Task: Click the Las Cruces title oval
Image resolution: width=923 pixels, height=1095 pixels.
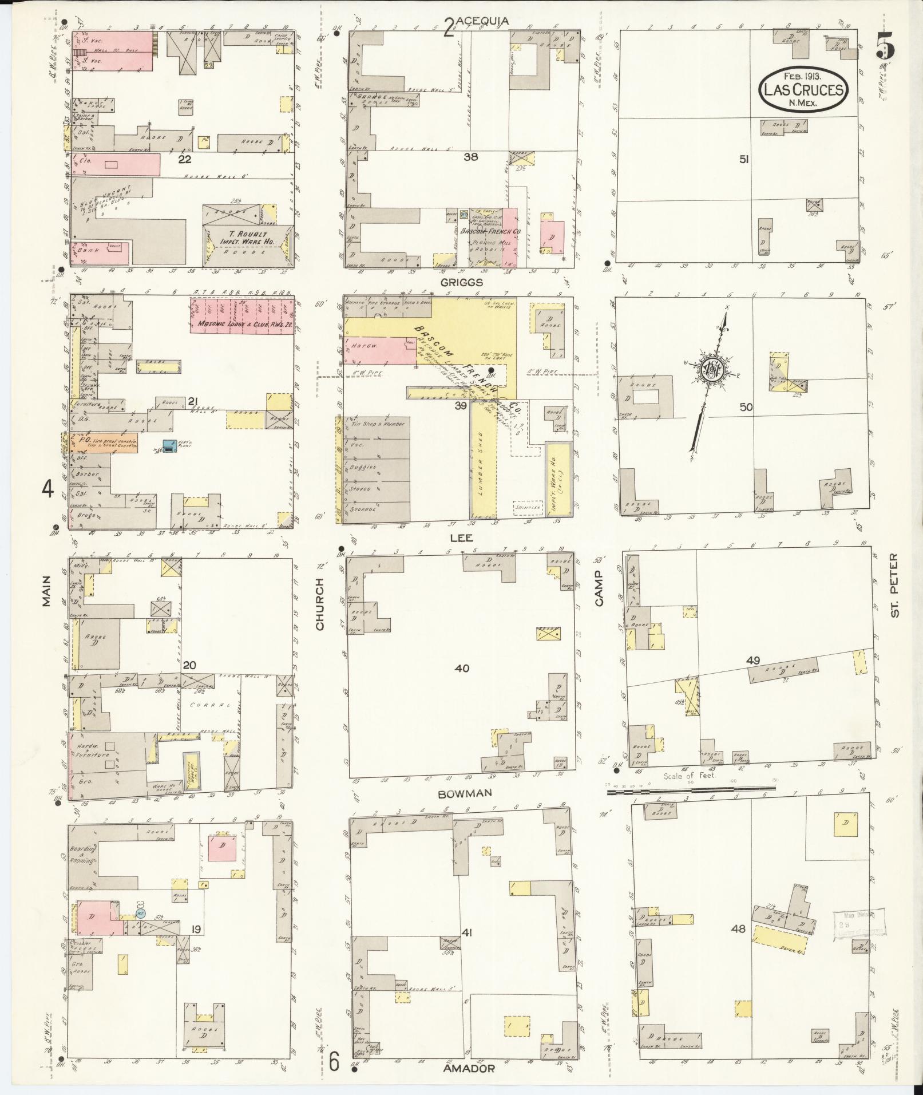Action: (802, 89)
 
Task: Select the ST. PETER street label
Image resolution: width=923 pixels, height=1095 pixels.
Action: (896, 585)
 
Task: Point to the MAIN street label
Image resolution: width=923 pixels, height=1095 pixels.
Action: (46, 591)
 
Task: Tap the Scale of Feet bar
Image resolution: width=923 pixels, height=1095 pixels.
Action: (691, 789)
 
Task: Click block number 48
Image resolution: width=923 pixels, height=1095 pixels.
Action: (738, 928)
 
